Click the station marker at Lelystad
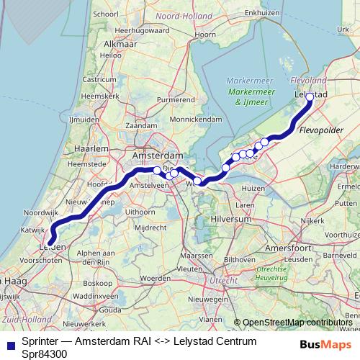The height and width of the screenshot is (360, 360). [310, 96]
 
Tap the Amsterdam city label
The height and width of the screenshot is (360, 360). [158, 156]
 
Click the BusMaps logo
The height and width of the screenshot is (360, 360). [330, 344]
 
